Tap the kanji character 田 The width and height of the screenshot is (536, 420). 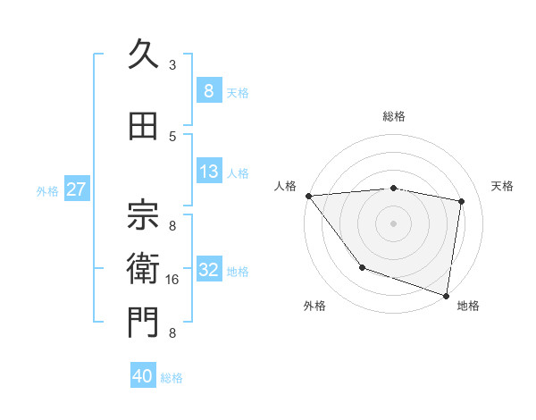click(143, 127)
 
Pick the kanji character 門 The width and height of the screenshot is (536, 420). click(143, 324)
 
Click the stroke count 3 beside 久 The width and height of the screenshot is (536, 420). click(172, 65)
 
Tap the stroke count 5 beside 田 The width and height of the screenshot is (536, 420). click(172, 137)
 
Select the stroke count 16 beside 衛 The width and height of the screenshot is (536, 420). click(173, 280)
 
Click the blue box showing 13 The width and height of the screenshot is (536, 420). click(209, 172)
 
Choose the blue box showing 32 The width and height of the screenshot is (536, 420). click(209, 271)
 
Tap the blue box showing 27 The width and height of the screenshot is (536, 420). click(76, 189)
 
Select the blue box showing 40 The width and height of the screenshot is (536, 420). click(142, 377)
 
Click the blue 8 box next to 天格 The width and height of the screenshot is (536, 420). click(209, 91)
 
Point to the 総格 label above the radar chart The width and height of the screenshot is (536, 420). click(394, 116)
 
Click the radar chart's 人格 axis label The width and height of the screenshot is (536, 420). click(285, 186)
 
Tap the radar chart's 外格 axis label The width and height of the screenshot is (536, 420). click(314, 306)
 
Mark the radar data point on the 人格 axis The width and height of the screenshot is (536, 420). click(309, 196)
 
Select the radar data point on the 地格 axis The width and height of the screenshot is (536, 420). click(446, 294)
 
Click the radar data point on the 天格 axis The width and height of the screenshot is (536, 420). click(461, 201)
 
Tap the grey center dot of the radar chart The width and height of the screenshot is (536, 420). click(393, 223)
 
